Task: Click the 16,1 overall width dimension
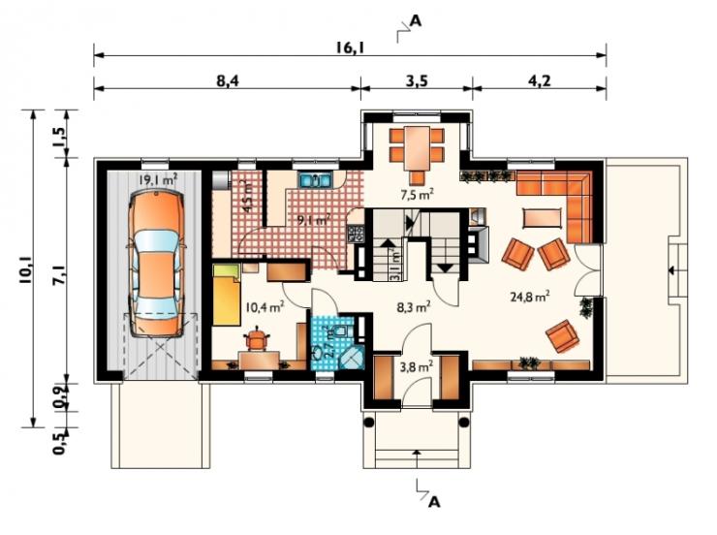pyautogui.click(x=350, y=47)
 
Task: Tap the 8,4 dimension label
pyautogui.click(x=228, y=80)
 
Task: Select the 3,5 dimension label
pyautogui.click(x=417, y=80)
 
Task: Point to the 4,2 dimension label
pyautogui.click(x=540, y=80)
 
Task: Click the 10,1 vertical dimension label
pyautogui.click(x=26, y=270)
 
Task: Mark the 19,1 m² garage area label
pyautogui.click(x=158, y=179)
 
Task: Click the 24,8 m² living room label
pyautogui.click(x=530, y=297)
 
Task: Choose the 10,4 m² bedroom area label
pyautogui.click(x=265, y=306)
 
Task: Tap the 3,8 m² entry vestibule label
pyautogui.click(x=417, y=366)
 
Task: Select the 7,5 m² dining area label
pyautogui.click(x=417, y=195)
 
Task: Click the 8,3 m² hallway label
pyautogui.click(x=414, y=306)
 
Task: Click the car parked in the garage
pyautogui.click(x=157, y=265)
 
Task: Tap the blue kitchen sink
pyautogui.click(x=315, y=179)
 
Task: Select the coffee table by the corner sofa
pyautogui.click(x=542, y=218)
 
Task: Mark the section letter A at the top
pyautogui.click(x=416, y=20)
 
